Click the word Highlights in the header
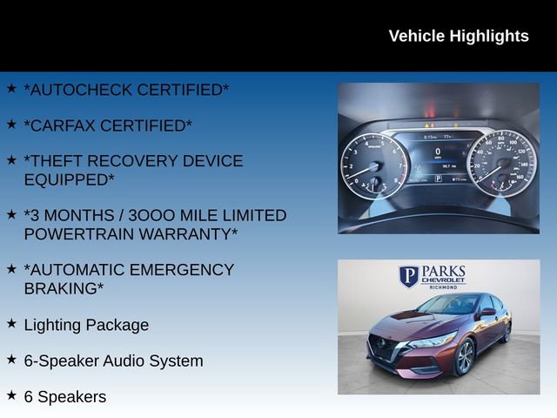(x=488, y=36)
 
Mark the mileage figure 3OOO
(x=152, y=215)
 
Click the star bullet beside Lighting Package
(x=11, y=323)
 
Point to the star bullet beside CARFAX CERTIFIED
(x=11, y=124)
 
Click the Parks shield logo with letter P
(x=409, y=277)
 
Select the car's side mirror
(x=488, y=312)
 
